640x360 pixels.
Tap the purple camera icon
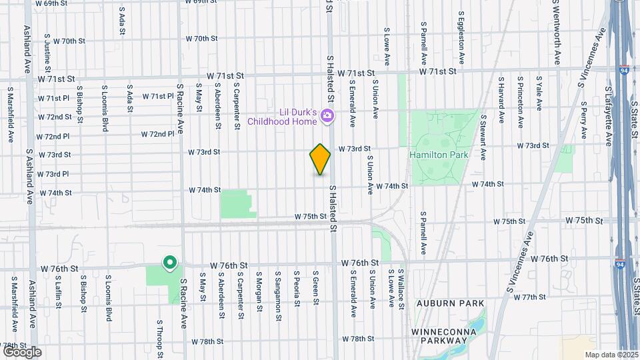tap(327, 116)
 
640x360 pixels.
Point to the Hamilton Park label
tap(439, 155)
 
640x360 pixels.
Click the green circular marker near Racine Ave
tap(170, 263)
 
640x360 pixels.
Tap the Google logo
tap(22, 351)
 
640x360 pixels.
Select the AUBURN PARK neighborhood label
tap(449, 303)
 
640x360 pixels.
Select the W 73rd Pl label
tap(53, 174)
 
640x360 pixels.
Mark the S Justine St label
tap(47, 53)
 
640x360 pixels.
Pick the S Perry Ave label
tap(583, 115)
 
